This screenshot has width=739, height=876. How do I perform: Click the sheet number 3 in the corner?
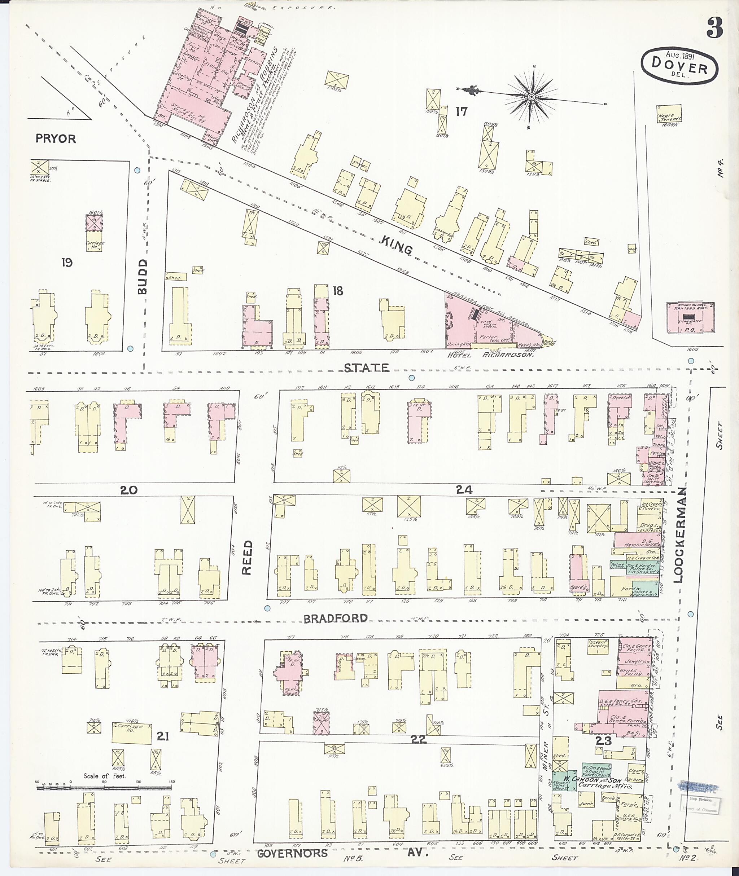pyautogui.click(x=715, y=28)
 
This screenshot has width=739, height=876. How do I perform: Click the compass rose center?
pyautogui.click(x=531, y=97)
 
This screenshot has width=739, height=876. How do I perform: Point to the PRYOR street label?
pyautogui.click(x=56, y=138)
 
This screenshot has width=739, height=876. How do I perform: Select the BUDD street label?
pyautogui.click(x=143, y=276)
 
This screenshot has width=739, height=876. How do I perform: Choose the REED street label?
pyautogui.click(x=248, y=557)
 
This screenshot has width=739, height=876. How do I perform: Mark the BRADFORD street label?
pyautogui.click(x=336, y=619)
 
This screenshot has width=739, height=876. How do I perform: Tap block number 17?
pyautogui.click(x=461, y=111)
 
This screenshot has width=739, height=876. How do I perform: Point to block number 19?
pyautogui.click(x=67, y=263)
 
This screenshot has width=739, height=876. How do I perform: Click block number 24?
pyautogui.click(x=464, y=489)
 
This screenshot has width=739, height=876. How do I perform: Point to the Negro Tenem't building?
pyautogui.click(x=669, y=114)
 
